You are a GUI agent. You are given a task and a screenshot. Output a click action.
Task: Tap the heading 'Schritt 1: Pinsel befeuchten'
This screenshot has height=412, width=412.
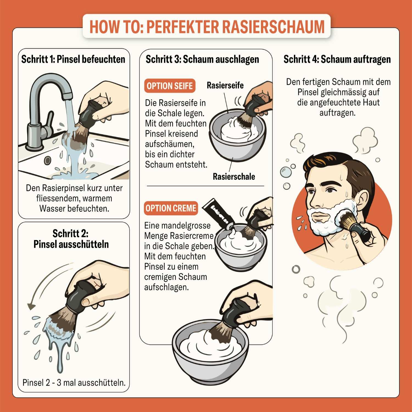click(x=73, y=59)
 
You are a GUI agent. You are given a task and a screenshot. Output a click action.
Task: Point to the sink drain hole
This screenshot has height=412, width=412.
click(x=48, y=160)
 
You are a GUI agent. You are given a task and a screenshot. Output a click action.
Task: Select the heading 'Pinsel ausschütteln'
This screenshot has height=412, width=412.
click(x=71, y=244)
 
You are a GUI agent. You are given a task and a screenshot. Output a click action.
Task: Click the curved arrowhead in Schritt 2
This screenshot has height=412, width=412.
click(x=32, y=306)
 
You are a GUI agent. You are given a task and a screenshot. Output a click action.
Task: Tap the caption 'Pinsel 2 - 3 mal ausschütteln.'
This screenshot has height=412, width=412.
click(x=74, y=382)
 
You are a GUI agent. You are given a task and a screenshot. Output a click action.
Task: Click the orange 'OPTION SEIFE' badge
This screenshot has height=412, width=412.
click(x=169, y=86)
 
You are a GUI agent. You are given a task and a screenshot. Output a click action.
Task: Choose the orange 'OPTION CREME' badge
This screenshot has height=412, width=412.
click(x=171, y=208)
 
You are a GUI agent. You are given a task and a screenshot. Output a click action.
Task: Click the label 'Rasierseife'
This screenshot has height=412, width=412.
click(x=225, y=85)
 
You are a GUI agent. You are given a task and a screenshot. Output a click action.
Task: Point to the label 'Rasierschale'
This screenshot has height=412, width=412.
click(x=234, y=176)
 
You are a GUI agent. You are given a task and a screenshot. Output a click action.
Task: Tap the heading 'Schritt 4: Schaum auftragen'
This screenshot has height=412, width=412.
click(x=337, y=59)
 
